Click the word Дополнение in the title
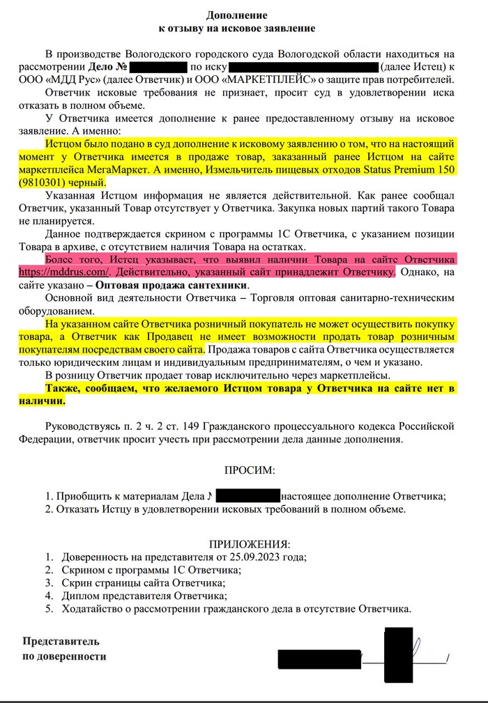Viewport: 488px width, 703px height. (x=236, y=15)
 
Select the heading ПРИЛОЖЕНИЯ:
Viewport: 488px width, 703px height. (x=249, y=543)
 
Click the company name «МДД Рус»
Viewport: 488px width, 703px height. (x=70, y=79)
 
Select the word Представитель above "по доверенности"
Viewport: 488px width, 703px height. (x=61, y=641)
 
